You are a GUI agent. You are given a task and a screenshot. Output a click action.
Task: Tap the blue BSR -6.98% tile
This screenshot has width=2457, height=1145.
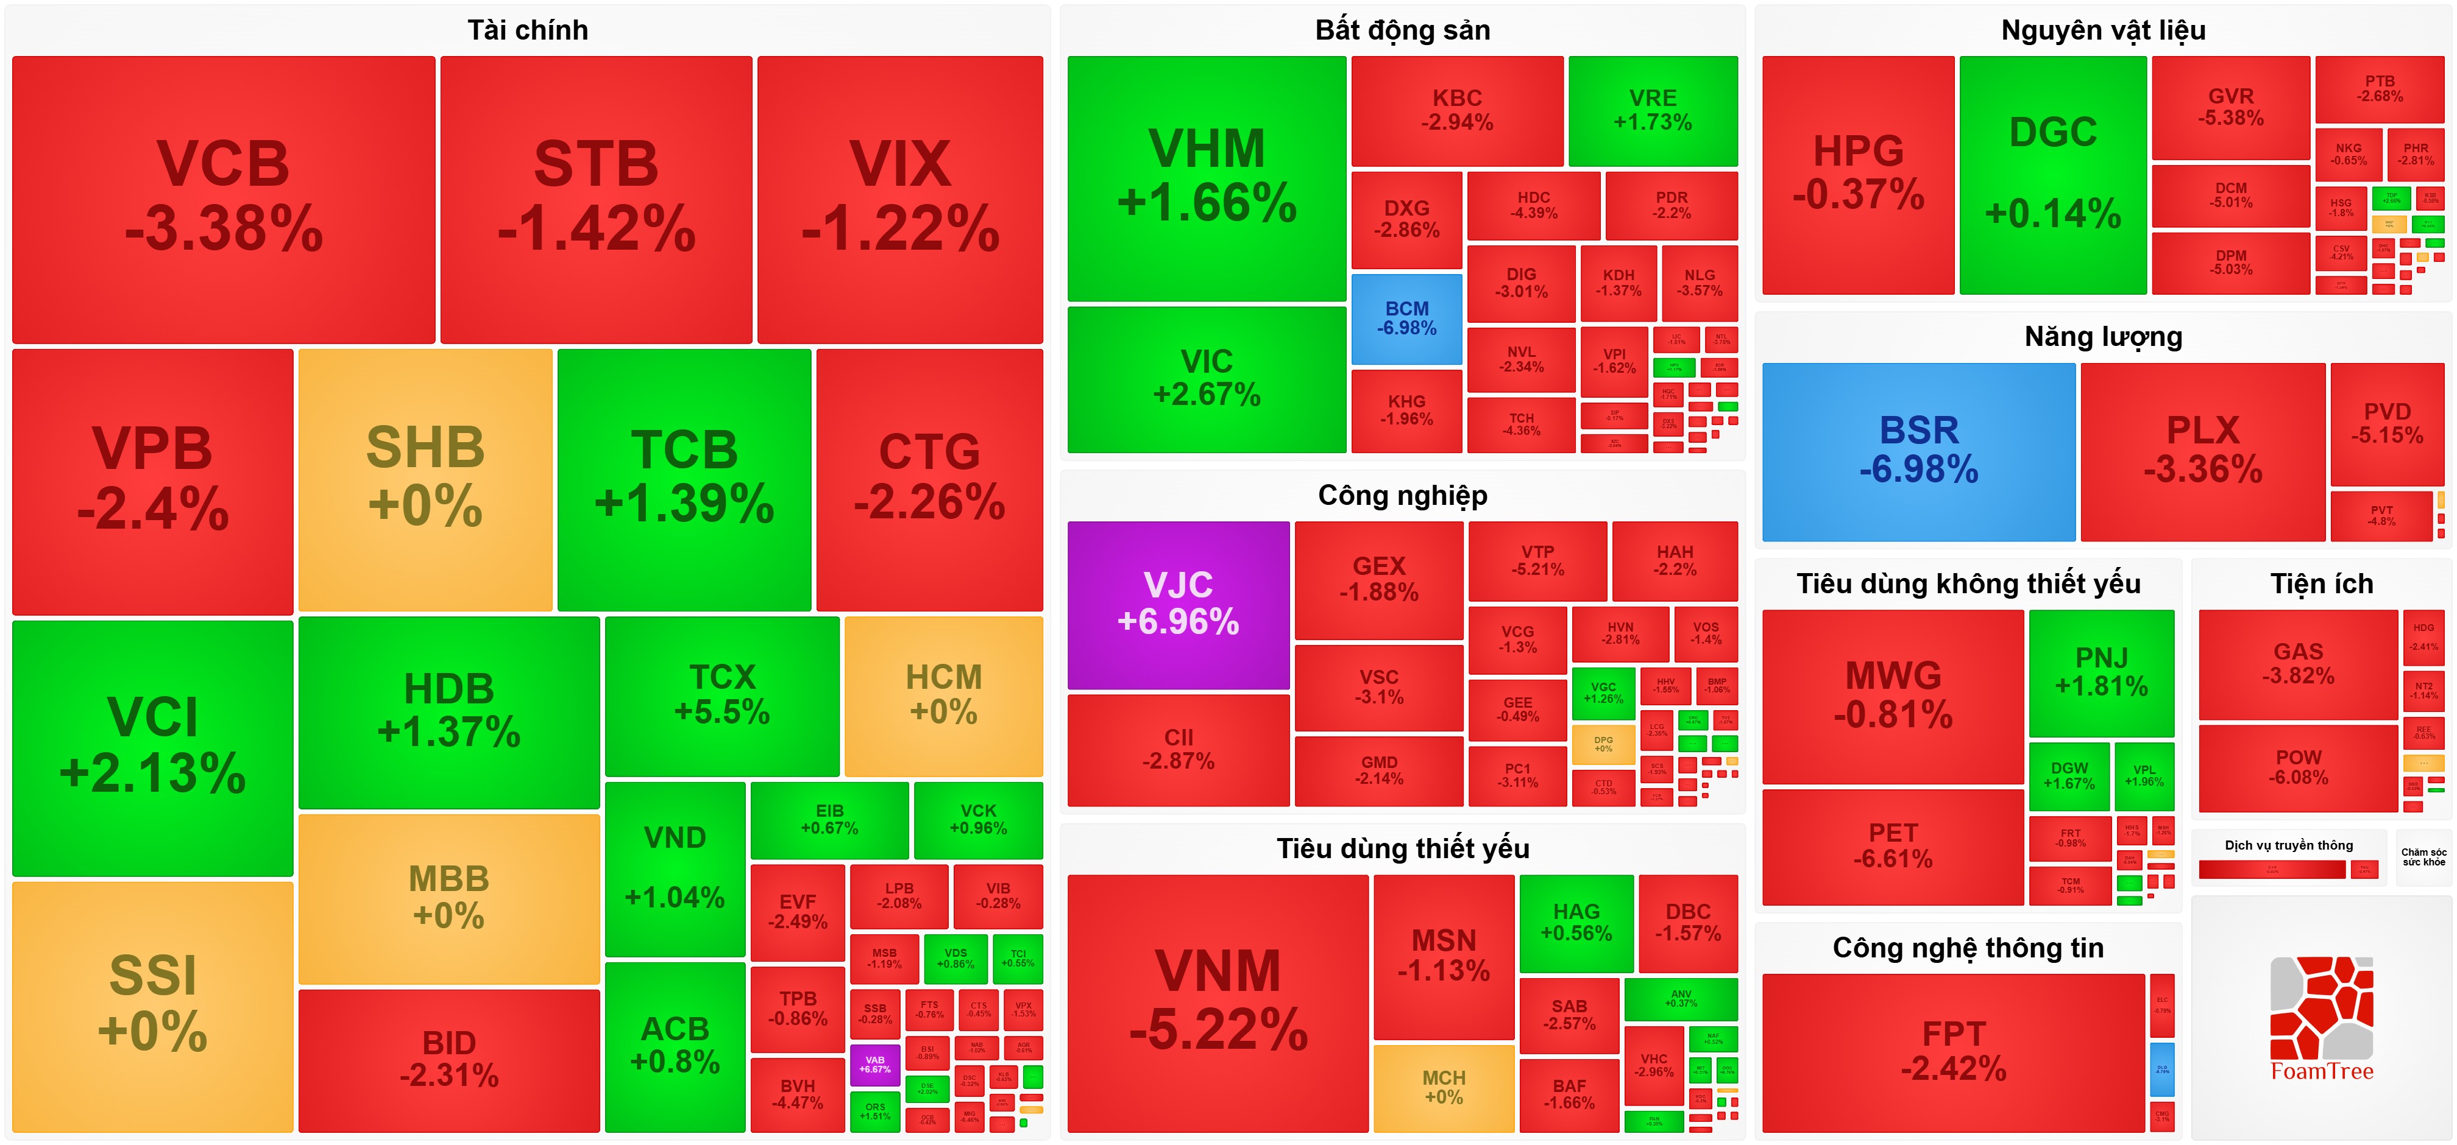coord(1918,450)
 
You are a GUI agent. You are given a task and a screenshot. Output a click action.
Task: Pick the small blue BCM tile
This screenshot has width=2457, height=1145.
coord(1406,319)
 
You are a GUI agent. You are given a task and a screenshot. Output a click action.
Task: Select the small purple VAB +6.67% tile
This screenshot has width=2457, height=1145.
coord(874,1064)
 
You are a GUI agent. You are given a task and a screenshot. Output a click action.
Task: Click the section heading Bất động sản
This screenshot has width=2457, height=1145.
coord(1402,30)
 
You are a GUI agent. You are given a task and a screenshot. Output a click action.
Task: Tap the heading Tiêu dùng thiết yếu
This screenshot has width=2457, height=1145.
coord(1402,848)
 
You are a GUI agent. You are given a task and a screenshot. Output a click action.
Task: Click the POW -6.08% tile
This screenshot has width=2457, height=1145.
coord(2298,767)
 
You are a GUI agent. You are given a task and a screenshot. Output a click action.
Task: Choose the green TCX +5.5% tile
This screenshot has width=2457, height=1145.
coord(722,694)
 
